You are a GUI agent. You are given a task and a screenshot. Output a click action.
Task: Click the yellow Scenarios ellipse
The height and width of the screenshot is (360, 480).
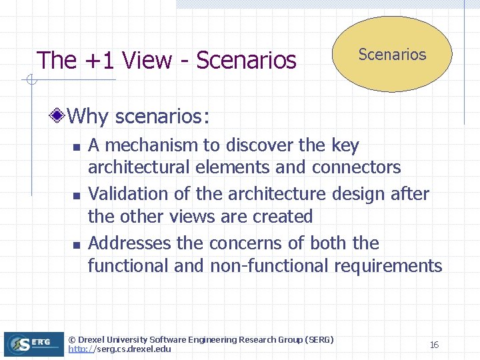tap(392, 55)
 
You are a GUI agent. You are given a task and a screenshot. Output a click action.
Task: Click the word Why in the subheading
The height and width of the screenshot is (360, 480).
tap(89, 117)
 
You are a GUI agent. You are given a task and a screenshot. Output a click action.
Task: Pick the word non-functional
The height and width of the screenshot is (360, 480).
tap(269, 266)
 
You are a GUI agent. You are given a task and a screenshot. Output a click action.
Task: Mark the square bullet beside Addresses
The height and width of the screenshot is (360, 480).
tap(77, 245)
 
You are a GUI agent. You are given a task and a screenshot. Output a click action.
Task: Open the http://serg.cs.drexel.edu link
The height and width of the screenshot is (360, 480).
tap(120, 349)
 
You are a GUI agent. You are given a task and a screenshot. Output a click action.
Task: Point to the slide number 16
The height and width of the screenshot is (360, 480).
tap(434, 345)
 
